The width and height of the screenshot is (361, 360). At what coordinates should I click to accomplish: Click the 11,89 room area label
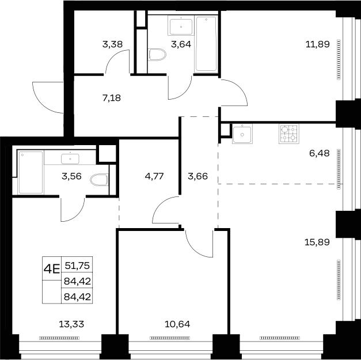click(x=317, y=44)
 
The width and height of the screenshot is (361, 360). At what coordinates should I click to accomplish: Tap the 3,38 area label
click(x=112, y=44)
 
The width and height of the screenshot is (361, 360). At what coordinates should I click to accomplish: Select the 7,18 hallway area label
click(x=112, y=98)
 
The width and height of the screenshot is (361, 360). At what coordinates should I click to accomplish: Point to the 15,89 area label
click(x=317, y=242)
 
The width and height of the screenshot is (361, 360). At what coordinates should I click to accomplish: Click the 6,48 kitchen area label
click(x=320, y=153)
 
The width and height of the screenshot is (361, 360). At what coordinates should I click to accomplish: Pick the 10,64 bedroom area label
click(x=177, y=324)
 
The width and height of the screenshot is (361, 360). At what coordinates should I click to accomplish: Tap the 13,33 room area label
click(x=71, y=324)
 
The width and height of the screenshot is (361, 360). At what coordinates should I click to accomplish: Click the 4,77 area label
click(x=154, y=176)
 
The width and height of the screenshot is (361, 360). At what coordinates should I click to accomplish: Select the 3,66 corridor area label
click(x=197, y=176)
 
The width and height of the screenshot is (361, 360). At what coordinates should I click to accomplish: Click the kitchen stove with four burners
click(x=289, y=134)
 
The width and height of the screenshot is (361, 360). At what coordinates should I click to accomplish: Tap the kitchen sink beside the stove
click(x=242, y=134)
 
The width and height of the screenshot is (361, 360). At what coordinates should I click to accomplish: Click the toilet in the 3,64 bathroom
click(x=157, y=55)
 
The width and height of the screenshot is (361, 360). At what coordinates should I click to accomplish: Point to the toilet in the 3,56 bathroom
click(x=100, y=180)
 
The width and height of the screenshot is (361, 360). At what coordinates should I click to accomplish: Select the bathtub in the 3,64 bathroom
click(x=206, y=44)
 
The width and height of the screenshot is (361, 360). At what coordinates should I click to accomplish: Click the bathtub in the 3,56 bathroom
click(x=31, y=172)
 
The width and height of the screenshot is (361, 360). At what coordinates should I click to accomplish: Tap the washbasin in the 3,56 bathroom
click(x=70, y=159)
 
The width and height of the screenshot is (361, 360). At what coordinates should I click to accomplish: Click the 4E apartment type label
click(x=52, y=268)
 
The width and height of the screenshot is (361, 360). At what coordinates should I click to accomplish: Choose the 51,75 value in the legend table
click(x=77, y=266)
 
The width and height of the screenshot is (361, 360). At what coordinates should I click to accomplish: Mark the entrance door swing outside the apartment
click(x=48, y=97)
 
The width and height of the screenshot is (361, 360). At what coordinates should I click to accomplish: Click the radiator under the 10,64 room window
click(x=170, y=338)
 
